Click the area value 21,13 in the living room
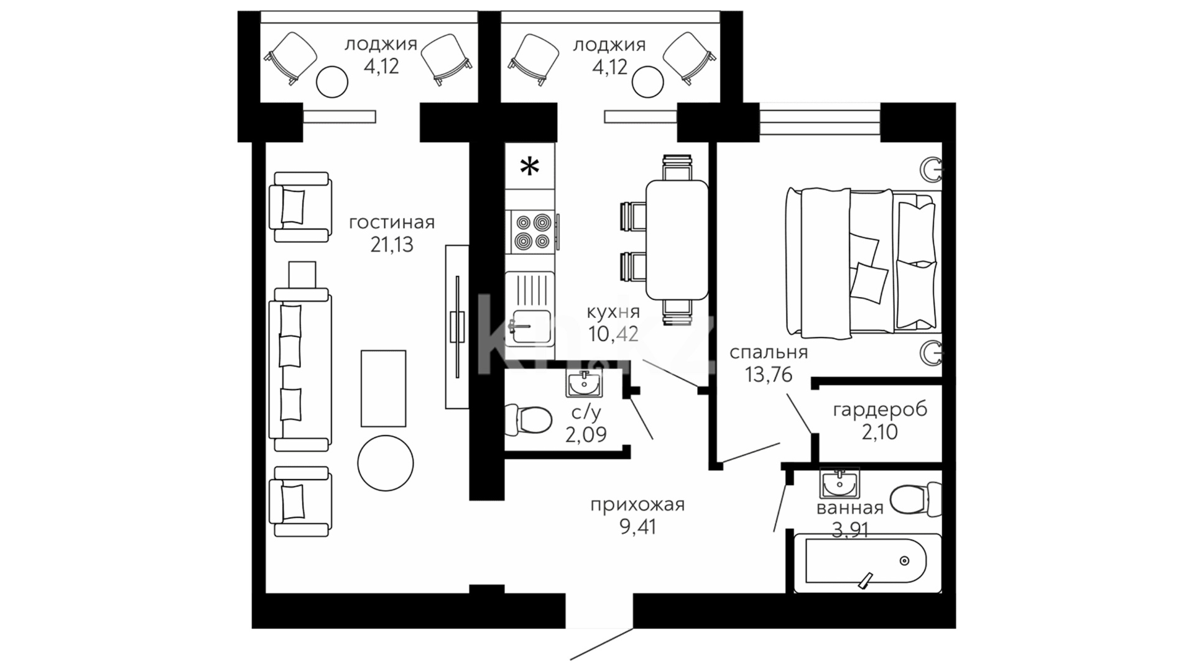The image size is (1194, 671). (392, 245)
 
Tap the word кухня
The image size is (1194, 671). (613, 312)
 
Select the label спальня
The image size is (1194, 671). (769, 353)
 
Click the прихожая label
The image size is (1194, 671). (637, 505)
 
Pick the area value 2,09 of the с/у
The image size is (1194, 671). (586, 434)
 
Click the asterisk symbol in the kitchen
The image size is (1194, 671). (529, 167)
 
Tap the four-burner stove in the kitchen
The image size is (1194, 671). (530, 232)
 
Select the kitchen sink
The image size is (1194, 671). (529, 309)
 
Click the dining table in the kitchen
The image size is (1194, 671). (677, 239)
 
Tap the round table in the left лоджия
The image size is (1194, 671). (331, 81)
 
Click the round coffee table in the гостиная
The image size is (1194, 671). (386, 463)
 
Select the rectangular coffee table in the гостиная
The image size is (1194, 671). (384, 388)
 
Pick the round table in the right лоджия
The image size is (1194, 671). (647, 81)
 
